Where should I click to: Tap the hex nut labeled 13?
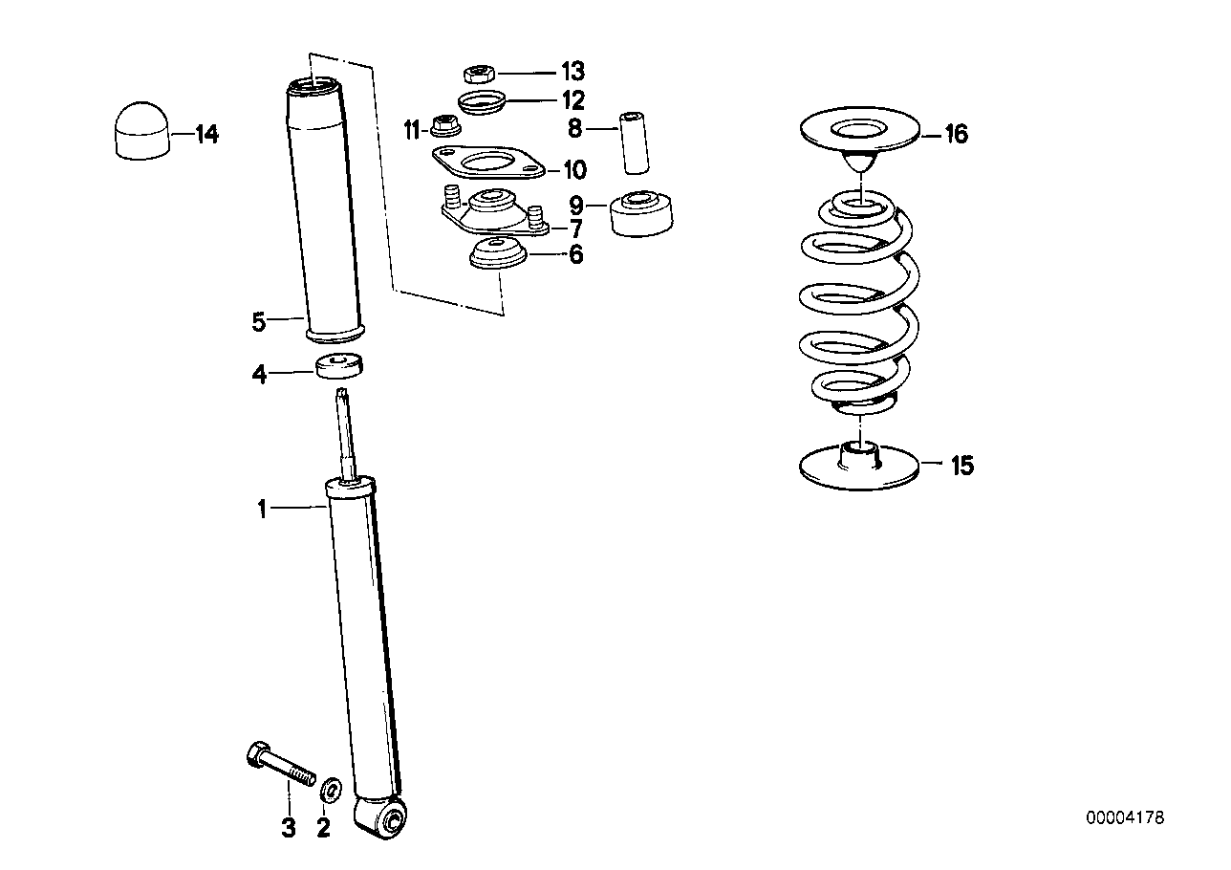pos(476,73)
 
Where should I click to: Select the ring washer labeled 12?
pos(482,100)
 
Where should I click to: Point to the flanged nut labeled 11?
pos(443,125)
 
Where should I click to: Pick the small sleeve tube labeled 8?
pos(636,141)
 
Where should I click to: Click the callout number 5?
pos(259,321)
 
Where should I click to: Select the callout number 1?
pos(262,509)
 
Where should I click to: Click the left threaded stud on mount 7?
pos(450,201)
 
